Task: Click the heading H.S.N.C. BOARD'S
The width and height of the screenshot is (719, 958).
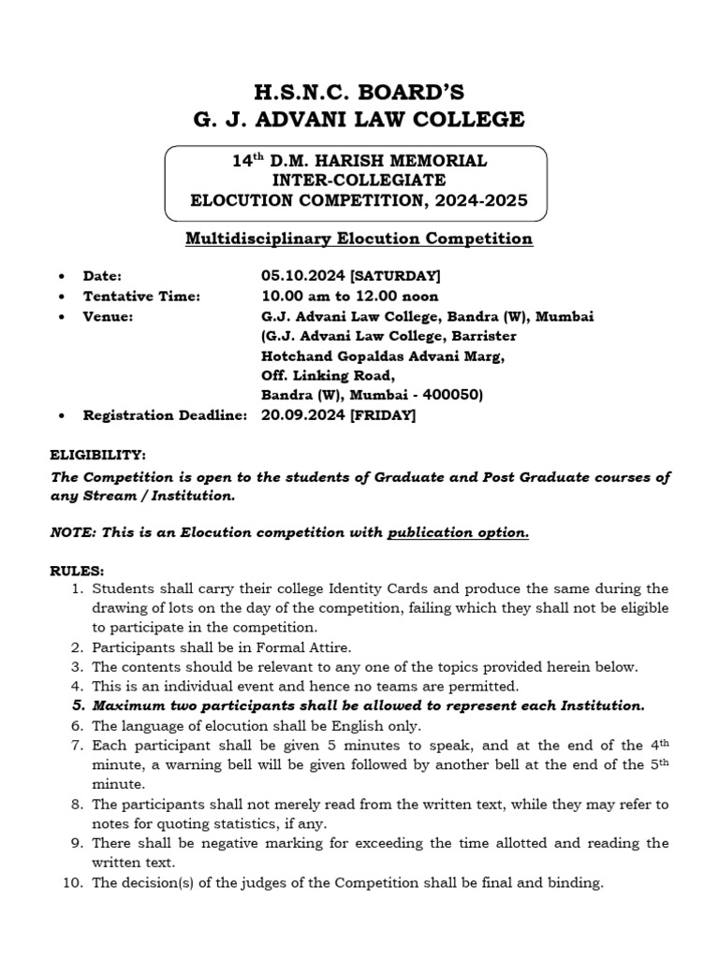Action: [359, 92]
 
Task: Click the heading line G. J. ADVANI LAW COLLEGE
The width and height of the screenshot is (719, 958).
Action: [359, 120]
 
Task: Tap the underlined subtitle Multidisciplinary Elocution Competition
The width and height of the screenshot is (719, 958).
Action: [359, 239]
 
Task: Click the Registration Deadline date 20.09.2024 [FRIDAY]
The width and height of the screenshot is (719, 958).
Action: [338, 415]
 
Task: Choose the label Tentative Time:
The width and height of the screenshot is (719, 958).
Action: [142, 296]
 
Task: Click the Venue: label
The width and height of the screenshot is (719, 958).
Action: [108, 316]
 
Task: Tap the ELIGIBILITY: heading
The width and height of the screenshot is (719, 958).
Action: [97, 455]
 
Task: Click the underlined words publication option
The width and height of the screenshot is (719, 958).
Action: [459, 532]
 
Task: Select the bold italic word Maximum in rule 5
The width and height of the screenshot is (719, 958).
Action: [129, 705]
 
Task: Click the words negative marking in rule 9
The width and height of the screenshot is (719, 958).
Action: [246, 843]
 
